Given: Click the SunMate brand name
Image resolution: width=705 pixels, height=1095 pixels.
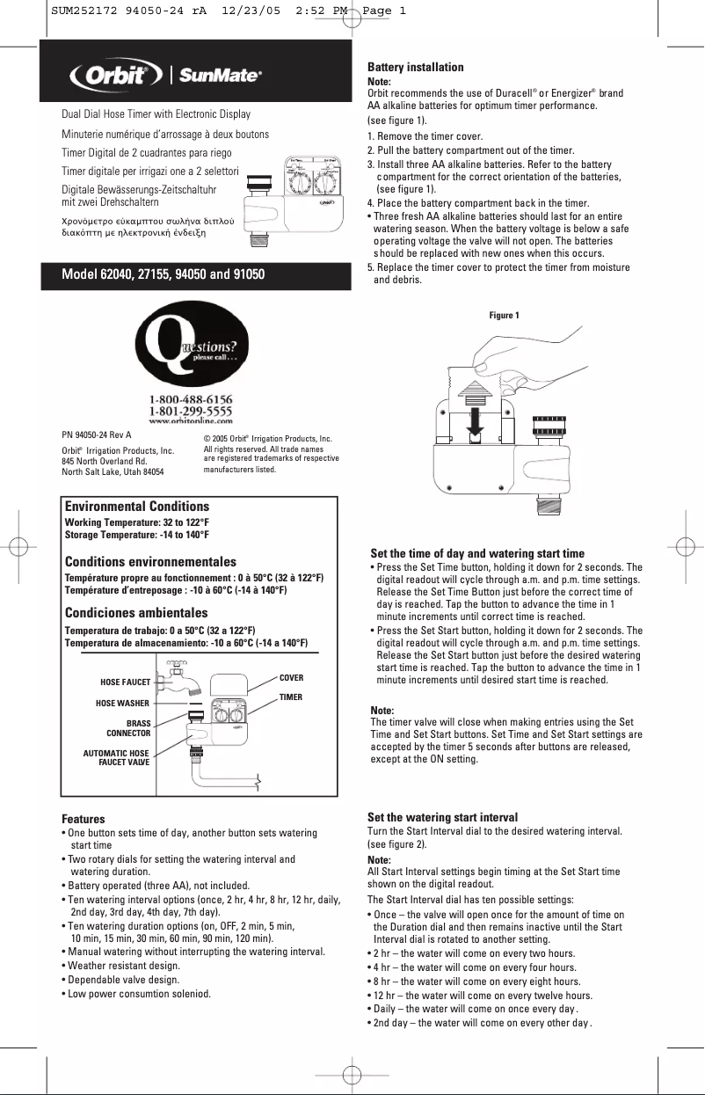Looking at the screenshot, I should pos(220,76).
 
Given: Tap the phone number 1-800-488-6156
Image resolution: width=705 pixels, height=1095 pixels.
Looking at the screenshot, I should pos(190,399).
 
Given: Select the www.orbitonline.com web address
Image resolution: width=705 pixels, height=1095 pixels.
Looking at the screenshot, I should pos(190,421).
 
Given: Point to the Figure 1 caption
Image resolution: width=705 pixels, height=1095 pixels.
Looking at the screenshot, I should pos(504,315).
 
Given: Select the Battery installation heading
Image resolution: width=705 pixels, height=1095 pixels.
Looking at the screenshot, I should pos(415,68).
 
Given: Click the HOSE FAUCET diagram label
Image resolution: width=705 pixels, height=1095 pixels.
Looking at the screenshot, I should pos(126,682).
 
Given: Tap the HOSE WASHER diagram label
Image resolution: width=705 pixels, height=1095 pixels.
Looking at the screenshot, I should pos(122,703).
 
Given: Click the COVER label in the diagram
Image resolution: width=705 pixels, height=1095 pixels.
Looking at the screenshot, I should pos(291,678).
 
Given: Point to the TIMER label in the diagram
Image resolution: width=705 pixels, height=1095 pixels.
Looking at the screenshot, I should pos(290,697).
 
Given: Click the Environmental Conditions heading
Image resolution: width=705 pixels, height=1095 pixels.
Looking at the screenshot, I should pos(137,507).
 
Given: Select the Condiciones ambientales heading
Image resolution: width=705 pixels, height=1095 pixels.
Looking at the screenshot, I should pos(136,612).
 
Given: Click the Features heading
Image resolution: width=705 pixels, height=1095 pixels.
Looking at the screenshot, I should pos(84,818).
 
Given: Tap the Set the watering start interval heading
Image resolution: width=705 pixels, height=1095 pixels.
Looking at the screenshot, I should pos(442,817).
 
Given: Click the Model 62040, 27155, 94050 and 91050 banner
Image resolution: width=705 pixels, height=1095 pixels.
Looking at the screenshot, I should pos(163,276).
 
